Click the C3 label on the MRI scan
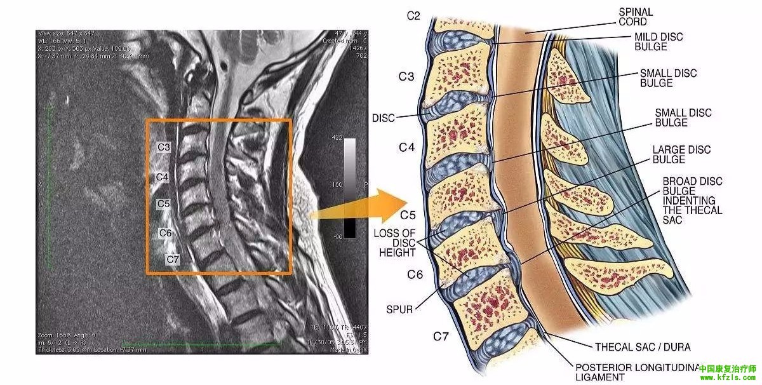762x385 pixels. pyautogui.click(x=164, y=147)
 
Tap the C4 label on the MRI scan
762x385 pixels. pyautogui.click(x=162, y=177)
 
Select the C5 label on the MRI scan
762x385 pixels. pyautogui.click(x=164, y=204)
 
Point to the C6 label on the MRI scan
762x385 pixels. pyautogui.click(x=166, y=233)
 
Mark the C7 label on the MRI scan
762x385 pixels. pyautogui.click(x=173, y=259)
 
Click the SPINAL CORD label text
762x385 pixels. pyautogui.click(x=635, y=17)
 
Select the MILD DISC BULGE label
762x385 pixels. pyautogui.click(x=658, y=42)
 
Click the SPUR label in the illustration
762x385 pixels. pyautogui.click(x=399, y=310)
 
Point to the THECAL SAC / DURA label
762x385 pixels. pyautogui.click(x=642, y=347)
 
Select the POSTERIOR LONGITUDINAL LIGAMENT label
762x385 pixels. pyautogui.click(x=635, y=372)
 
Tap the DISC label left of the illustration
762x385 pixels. pyautogui.click(x=384, y=118)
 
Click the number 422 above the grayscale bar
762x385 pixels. pyautogui.click(x=337, y=137)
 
